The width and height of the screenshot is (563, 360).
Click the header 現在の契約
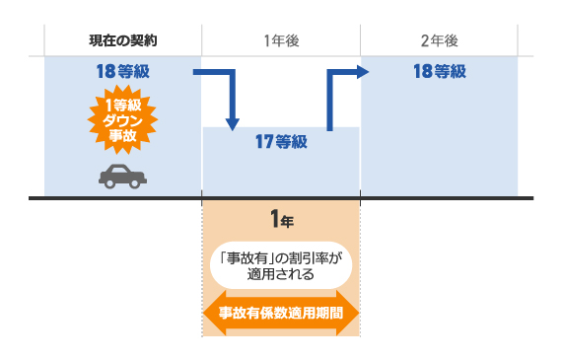[122, 40]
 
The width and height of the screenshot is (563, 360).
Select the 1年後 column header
[281, 40]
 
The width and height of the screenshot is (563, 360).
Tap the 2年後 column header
[439, 40]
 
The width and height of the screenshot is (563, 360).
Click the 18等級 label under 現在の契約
[123, 71]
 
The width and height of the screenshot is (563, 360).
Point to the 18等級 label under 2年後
[439, 71]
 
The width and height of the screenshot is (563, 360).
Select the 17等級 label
[281, 142]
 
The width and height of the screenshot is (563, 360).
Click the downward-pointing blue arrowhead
[233, 123]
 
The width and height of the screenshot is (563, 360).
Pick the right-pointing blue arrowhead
[362, 71]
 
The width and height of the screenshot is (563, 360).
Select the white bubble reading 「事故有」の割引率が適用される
[281, 264]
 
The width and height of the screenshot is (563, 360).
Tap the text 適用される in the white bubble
[281, 273]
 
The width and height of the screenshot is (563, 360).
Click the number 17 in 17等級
[262, 142]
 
